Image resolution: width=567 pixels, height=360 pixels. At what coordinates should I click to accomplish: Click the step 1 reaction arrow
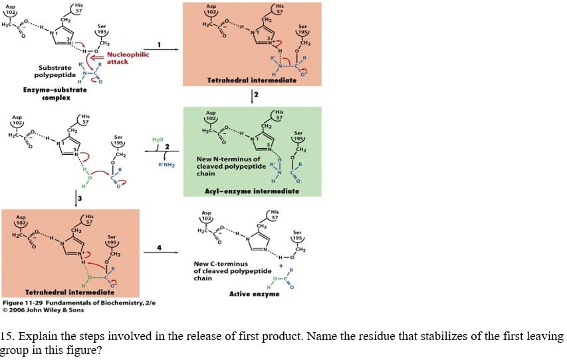tap(160, 50)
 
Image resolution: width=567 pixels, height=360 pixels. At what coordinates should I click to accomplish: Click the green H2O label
tap(157, 139)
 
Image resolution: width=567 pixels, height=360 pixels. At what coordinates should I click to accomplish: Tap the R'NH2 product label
tap(166, 165)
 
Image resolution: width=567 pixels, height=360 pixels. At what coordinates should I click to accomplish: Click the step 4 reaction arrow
tap(160, 252)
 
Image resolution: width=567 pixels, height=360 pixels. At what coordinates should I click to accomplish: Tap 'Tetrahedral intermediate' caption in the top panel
tap(251, 80)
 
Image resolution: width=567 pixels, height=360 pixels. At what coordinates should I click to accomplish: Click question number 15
tap(9, 335)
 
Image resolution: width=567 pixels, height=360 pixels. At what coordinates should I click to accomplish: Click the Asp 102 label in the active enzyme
tap(207, 217)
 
